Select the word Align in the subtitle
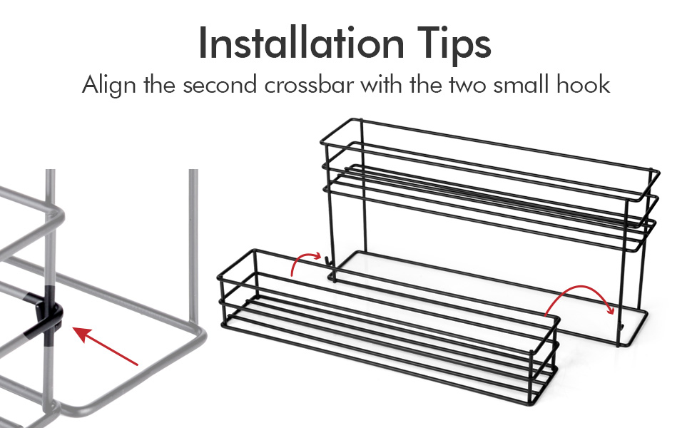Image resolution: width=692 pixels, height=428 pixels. click(108, 85)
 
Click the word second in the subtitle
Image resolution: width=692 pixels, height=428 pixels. click(220, 84)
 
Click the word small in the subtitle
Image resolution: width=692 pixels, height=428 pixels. click(521, 84)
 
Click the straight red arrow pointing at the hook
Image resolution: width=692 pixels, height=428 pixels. click(106, 347)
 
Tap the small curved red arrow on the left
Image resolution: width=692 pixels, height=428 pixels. click(305, 262)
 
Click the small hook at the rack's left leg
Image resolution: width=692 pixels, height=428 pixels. click(328, 263)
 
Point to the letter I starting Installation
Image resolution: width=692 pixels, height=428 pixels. click(203, 42)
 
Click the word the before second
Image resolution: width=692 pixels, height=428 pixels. click(160, 84)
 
